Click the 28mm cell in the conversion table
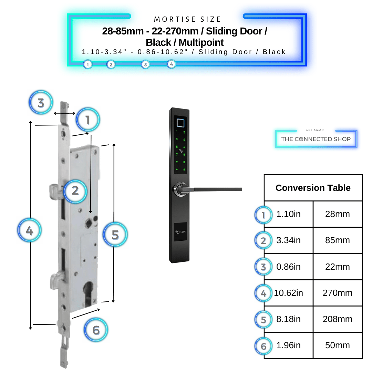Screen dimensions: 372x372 point(337,214)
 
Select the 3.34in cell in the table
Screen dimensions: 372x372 point(288,240)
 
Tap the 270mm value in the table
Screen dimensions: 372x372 point(337,293)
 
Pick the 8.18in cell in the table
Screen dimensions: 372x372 point(288,319)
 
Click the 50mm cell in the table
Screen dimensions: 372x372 point(337,345)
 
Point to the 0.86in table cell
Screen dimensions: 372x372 point(288,267)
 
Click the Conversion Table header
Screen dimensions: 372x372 point(313,188)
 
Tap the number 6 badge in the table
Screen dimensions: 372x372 point(263,346)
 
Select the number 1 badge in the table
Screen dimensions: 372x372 point(263,215)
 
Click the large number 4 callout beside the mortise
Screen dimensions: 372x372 point(30,231)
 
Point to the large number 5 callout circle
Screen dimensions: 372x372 point(115,235)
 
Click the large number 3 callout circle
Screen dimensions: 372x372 point(41,103)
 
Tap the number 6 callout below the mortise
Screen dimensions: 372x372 point(96,330)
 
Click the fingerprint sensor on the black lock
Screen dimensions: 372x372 point(180,122)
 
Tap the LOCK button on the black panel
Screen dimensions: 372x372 point(180,232)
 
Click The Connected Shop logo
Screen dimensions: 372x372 point(316,139)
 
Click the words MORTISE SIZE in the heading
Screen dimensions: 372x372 point(187,19)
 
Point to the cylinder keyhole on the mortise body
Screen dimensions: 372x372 point(89,291)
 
